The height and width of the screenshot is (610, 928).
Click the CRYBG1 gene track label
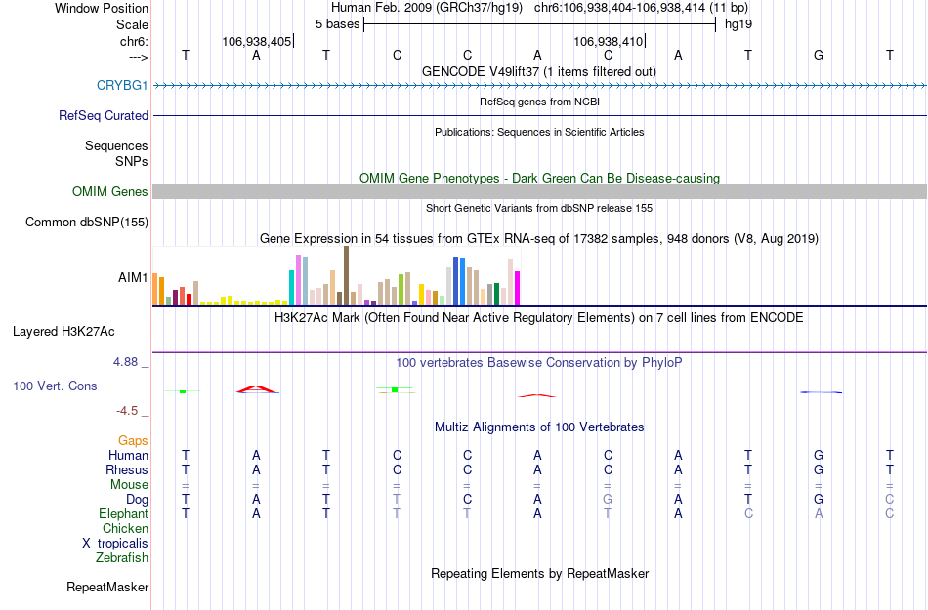[x=122, y=85]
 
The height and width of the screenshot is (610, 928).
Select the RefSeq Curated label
[x=104, y=115]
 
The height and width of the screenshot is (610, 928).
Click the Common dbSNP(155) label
[x=86, y=223]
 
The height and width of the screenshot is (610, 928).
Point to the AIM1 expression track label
[x=133, y=277]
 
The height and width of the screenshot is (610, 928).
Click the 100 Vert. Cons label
[x=55, y=386]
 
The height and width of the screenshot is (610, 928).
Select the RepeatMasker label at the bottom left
[x=107, y=588]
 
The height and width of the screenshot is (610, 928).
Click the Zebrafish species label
[x=122, y=558]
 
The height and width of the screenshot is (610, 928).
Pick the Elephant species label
[x=123, y=514]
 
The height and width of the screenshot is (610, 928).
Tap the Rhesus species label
[x=126, y=470]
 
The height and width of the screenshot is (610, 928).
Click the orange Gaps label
[x=133, y=441]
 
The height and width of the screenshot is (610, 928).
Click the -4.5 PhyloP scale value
[x=127, y=411]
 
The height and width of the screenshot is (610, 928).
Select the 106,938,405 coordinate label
[x=256, y=42]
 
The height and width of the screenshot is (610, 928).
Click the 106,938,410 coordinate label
[x=608, y=42]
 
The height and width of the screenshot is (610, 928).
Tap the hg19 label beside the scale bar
[x=738, y=23]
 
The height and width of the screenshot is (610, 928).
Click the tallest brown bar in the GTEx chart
[x=346, y=275]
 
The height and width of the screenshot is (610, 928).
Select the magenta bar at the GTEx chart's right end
[x=517, y=288]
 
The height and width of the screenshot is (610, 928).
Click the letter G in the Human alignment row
[x=819, y=456]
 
